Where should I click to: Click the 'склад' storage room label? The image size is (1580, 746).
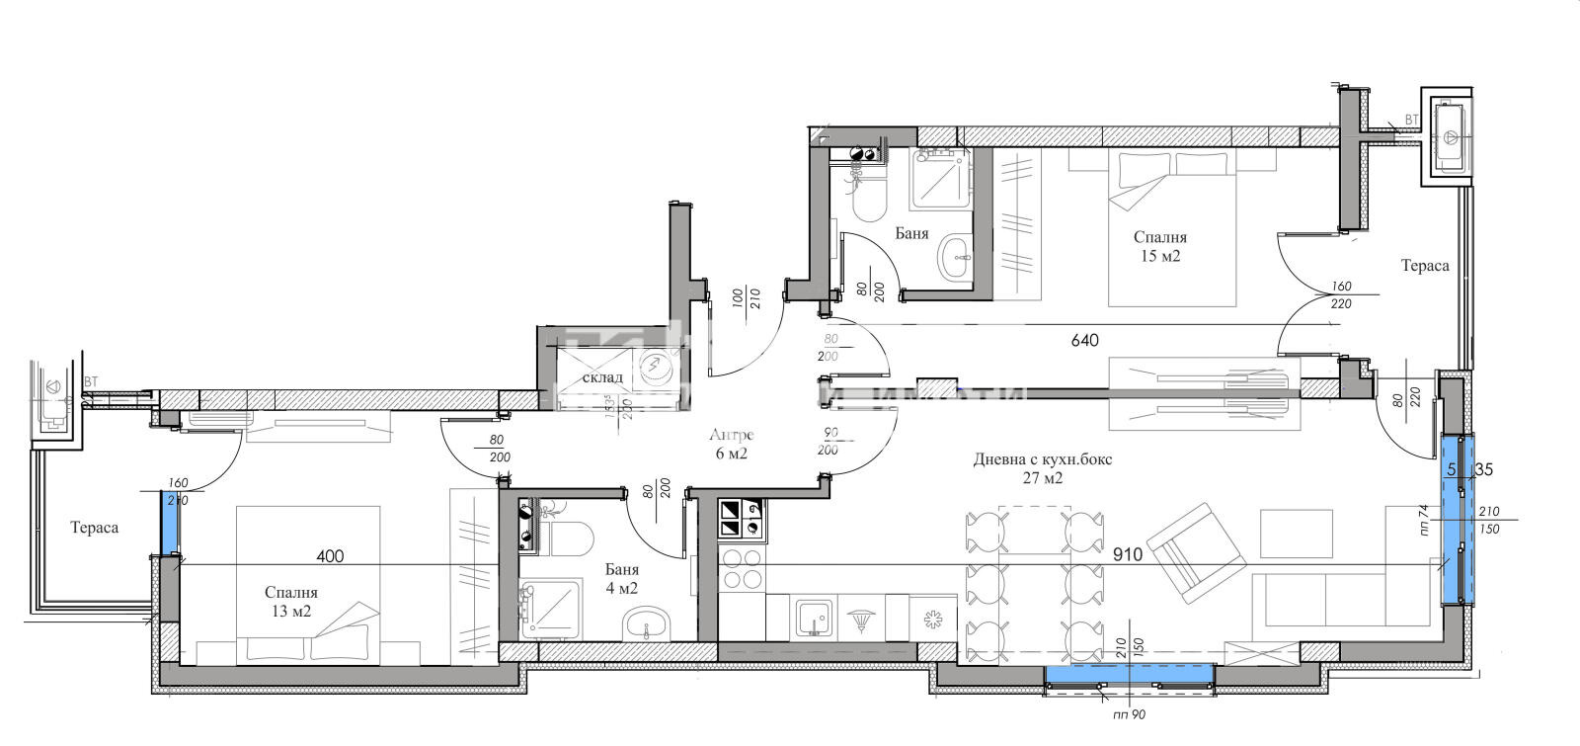click(x=602, y=377)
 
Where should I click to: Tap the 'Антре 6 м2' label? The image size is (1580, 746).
click(x=732, y=445)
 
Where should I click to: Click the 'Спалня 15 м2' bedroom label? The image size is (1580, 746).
click(x=1159, y=246)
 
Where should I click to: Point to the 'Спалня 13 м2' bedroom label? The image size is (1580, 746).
click(x=290, y=602)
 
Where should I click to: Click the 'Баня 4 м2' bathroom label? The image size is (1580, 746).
click(x=621, y=579)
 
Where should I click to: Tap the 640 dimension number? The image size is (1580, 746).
click(x=1084, y=341)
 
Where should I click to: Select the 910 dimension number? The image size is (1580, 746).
click(x=1126, y=554)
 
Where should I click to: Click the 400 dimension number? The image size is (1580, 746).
click(x=330, y=556)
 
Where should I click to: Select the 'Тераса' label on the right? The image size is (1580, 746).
click(x=1425, y=266)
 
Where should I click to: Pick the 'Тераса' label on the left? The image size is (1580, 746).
click(x=94, y=528)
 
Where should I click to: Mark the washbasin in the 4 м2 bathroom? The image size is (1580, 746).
click(x=647, y=622)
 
